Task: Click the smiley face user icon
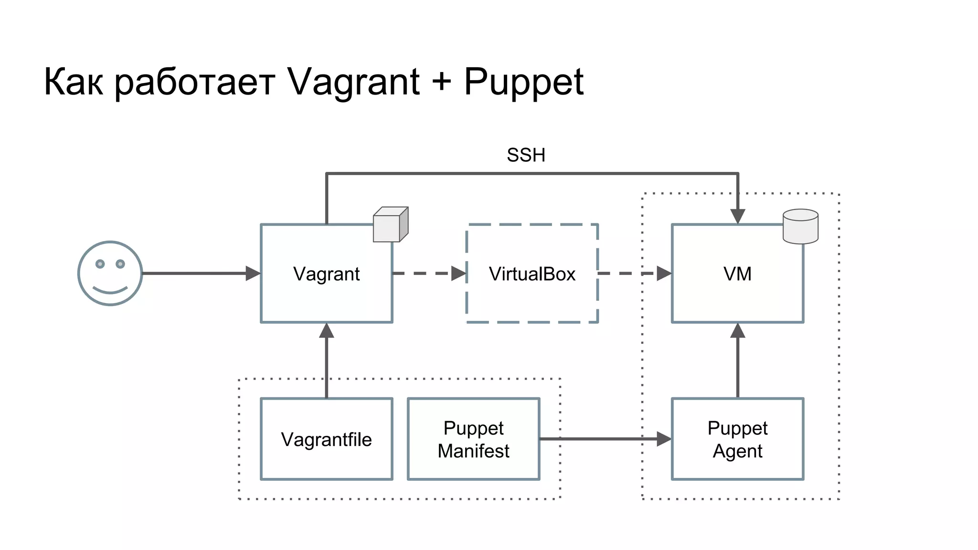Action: (110, 273)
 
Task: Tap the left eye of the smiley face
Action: (100, 264)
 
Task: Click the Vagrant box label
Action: (326, 274)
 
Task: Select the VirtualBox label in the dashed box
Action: (532, 274)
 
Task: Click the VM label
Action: (737, 274)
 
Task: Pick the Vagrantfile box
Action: (326, 439)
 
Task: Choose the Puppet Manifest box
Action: (473, 439)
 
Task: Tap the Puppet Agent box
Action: (737, 439)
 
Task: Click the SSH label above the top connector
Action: (526, 155)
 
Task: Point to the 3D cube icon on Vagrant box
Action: (390, 224)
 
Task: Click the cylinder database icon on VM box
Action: (800, 226)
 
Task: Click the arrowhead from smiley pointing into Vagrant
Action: (253, 274)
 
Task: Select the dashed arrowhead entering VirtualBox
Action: (458, 274)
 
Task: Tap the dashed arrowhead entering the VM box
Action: (664, 274)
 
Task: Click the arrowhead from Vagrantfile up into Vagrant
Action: (327, 331)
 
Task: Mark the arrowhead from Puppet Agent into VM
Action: (738, 331)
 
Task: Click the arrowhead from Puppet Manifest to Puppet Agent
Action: (664, 439)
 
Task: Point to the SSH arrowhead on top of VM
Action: (738, 216)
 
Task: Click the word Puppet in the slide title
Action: (523, 82)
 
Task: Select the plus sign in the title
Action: (442, 81)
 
